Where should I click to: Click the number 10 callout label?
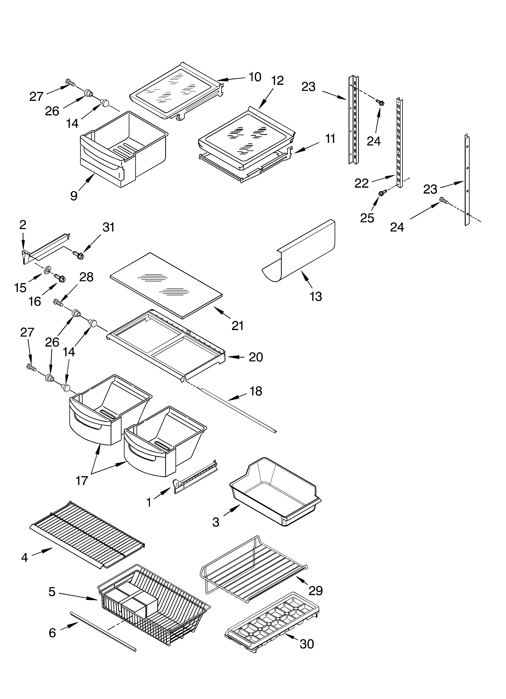[255, 77]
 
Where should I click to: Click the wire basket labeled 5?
[154, 607]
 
